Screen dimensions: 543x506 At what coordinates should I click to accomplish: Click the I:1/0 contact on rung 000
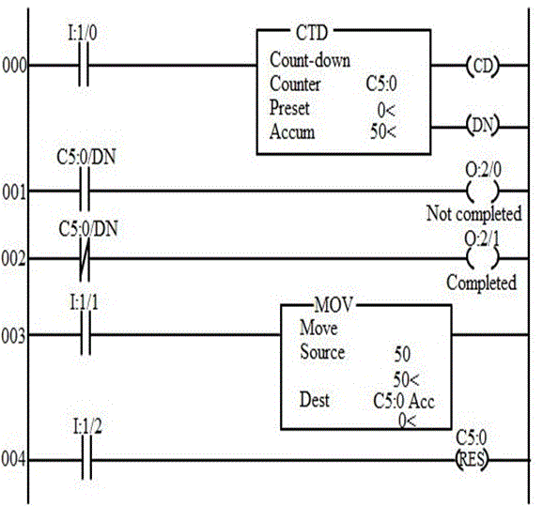pos(83,65)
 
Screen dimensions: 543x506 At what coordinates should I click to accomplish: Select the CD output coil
pos(483,66)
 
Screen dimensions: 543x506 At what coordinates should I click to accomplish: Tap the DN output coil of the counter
pos(483,125)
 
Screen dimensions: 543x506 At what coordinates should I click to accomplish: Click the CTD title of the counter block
pos(312,33)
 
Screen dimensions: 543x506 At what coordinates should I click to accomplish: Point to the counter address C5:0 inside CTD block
pos(381,84)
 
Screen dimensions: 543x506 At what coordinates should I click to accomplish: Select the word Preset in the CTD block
pos(289,108)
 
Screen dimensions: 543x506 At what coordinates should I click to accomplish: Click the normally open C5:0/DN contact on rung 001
pos(85,190)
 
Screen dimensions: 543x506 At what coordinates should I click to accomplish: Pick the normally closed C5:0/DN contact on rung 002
pos(85,258)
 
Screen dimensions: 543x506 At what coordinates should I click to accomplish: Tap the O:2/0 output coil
pos(483,191)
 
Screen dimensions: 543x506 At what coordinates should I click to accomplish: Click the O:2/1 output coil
pos(483,258)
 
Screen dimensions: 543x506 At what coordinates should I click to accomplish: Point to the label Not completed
pos(473,213)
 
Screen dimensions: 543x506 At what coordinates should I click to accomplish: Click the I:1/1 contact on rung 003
pos(85,334)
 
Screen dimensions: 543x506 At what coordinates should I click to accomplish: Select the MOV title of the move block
pos(334,305)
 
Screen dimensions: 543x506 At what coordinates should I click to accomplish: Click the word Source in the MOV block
pos(322,352)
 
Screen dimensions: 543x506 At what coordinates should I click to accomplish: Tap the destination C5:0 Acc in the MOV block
pos(404,402)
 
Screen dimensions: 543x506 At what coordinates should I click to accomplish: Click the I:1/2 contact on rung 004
pos(86,460)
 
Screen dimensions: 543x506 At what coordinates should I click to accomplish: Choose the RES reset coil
pos(472,460)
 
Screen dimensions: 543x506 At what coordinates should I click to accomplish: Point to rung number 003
pos(13,336)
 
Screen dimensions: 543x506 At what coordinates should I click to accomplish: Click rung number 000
pos(14,66)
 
